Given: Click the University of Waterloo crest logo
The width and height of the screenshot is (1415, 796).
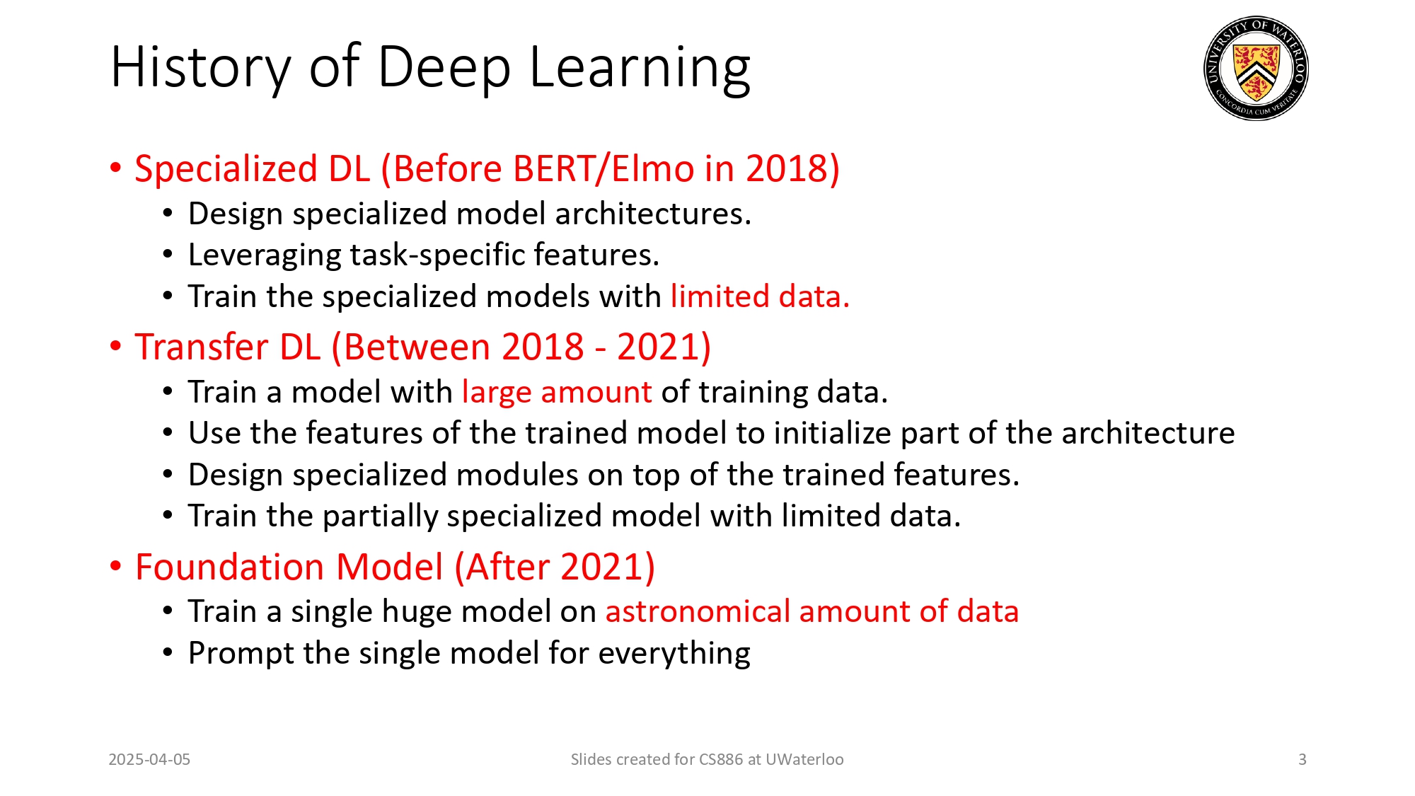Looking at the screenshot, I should pyautogui.click(x=1256, y=69).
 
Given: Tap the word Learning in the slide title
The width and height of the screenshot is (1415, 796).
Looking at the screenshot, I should pyautogui.click(x=640, y=68).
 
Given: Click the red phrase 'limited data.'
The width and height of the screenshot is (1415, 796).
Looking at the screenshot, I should pyautogui.click(x=760, y=296).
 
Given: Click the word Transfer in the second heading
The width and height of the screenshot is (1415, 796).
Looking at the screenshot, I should pyautogui.click(x=202, y=347).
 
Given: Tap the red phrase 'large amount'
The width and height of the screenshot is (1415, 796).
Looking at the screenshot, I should pyautogui.click(x=557, y=392).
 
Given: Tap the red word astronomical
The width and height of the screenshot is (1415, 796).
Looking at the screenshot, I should pyautogui.click(x=698, y=611).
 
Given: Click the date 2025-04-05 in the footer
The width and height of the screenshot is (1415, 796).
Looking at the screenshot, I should pyautogui.click(x=149, y=759).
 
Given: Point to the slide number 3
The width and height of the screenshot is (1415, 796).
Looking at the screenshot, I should pyautogui.click(x=1302, y=759).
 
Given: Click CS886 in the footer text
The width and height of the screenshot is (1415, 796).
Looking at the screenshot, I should pyautogui.click(x=720, y=759).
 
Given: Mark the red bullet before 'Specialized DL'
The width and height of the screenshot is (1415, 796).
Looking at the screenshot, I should pyautogui.click(x=116, y=168).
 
